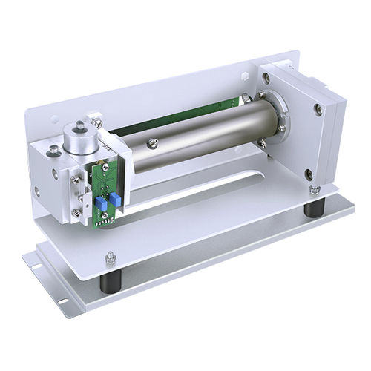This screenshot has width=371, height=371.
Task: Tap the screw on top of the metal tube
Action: point(153,142)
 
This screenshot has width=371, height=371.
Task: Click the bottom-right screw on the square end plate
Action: point(309,174)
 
